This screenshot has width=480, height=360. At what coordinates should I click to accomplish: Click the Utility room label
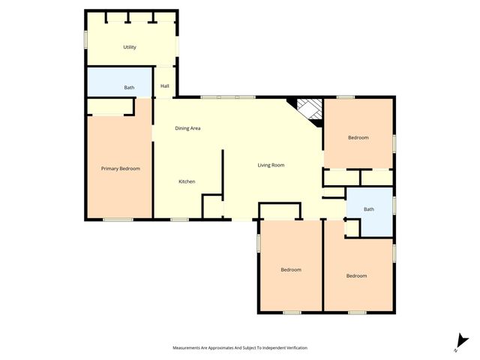pos(130,47)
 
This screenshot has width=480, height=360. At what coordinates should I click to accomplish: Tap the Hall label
pos(165,86)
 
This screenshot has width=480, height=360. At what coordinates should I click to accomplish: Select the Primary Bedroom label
pos(121,169)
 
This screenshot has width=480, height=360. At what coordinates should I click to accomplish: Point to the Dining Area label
pos(187,128)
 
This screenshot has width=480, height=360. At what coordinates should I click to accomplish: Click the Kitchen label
pos(187,181)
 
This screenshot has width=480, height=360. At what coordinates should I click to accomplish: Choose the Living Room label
pos(271,165)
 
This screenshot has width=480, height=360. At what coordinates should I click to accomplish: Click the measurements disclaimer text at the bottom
pos(240,348)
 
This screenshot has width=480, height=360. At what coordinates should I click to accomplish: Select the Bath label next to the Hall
pos(130,88)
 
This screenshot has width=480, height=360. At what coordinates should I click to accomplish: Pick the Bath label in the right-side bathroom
pos(369,209)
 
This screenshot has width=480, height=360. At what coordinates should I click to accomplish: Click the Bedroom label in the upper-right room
pos(358,137)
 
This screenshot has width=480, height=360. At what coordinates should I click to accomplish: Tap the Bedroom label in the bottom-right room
pos(356,276)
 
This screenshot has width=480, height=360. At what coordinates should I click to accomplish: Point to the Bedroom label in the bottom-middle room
pos(291,269)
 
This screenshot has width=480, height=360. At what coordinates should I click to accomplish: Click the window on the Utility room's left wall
pos(85,38)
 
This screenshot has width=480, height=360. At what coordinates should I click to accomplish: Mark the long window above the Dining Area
pos(229,97)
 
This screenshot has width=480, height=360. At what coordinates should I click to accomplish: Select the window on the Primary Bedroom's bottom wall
pos(118,219)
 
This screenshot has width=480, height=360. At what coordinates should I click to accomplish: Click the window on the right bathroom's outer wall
pos(394,203)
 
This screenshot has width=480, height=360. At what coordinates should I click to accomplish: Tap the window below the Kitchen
pos(179,219)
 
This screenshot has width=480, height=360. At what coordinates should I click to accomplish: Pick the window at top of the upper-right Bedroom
pos(345,97)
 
